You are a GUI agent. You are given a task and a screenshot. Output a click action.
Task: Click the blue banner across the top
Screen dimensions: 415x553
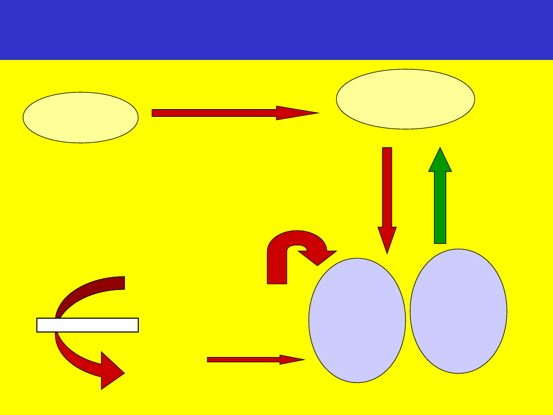[276, 30]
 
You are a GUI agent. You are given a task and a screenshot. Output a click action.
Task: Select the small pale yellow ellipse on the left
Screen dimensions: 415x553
[80, 117]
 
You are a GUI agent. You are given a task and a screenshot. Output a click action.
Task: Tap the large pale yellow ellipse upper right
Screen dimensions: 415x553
[405, 99]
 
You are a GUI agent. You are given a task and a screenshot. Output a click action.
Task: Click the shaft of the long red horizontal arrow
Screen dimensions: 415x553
[215, 113]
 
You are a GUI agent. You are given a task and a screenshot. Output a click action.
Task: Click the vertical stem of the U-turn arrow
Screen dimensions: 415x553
[277, 269]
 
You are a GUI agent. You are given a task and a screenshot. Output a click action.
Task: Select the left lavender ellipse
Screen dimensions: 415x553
[357, 320]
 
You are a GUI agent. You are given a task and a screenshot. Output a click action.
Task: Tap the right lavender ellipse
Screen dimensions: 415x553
[458, 311]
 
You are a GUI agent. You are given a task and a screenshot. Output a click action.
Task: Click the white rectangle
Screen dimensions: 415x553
[88, 325]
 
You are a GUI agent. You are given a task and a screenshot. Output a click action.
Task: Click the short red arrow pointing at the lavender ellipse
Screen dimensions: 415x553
[246, 360]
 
